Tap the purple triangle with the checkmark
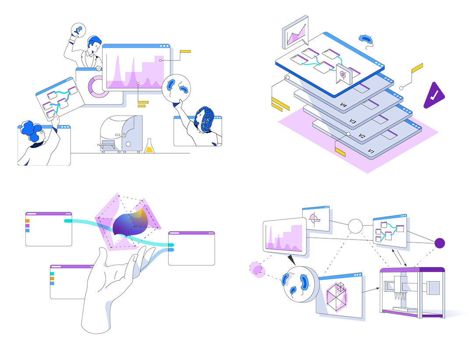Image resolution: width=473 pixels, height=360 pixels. coord(433,96)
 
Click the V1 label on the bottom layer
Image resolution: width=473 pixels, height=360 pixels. coord(371,151)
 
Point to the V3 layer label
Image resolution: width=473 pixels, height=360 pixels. coord(352,121)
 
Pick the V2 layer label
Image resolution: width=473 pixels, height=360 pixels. coord(362,136)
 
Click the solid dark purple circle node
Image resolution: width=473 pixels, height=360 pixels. coord(440,243)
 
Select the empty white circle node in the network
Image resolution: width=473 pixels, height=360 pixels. coord(355,226)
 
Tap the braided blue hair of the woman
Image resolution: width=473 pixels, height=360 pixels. coord(205,119)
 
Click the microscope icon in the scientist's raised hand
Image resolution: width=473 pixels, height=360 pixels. coord(78,31)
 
